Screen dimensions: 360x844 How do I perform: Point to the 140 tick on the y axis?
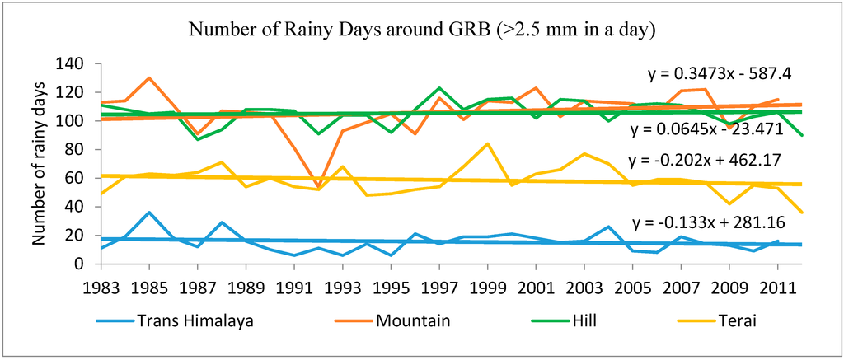(x=77, y=64)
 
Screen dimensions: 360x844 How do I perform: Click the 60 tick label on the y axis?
(x=81, y=178)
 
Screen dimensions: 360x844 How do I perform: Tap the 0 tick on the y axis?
(x=86, y=264)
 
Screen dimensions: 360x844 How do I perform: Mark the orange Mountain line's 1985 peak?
(x=149, y=78)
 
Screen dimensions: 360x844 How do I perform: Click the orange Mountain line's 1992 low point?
(x=319, y=187)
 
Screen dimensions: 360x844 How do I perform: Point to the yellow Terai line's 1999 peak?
(x=489, y=144)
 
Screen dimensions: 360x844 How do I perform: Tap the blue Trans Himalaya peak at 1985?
(x=149, y=213)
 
